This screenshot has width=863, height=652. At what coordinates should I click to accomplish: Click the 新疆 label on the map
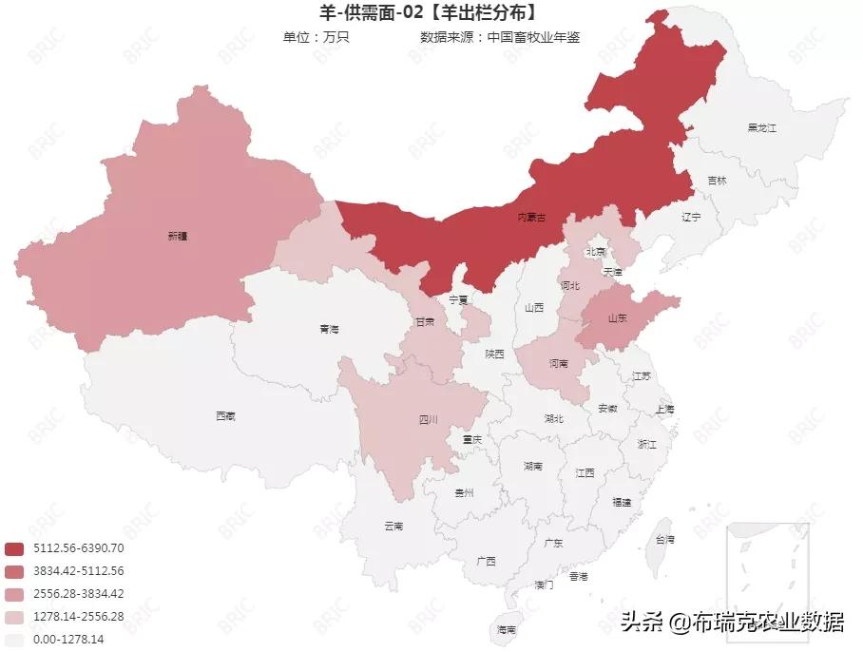pyautogui.click(x=177, y=236)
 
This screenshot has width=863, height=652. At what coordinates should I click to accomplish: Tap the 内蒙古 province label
pyautogui.click(x=530, y=218)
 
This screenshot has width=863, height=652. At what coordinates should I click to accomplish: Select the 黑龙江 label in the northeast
pyautogui.click(x=761, y=127)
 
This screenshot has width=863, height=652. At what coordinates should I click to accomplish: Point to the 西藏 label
pyautogui.click(x=225, y=415)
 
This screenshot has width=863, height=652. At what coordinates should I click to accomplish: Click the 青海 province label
pyautogui.click(x=329, y=330)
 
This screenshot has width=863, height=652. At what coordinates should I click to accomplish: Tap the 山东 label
pyautogui.click(x=616, y=319)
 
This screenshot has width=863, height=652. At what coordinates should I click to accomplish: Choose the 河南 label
pyautogui.click(x=558, y=363)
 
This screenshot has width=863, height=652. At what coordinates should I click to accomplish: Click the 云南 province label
pyautogui.click(x=393, y=525)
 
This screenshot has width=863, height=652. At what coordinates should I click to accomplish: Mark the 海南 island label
pyautogui.click(x=505, y=629)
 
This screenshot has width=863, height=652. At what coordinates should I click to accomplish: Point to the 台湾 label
pyautogui.click(x=665, y=539)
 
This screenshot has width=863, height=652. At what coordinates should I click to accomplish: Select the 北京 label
pyautogui.click(x=596, y=252)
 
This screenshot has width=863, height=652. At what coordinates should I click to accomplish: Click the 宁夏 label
pyautogui.click(x=458, y=300)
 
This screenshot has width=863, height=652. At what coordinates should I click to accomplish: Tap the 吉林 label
pyautogui.click(x=716, y=181)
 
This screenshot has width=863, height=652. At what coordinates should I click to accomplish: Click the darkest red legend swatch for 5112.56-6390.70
pyautogui.click(x=15, y=548)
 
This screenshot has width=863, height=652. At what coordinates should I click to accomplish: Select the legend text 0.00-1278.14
pyautogui.click(x=68, y=640)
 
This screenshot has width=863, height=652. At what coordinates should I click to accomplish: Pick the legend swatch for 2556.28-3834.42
pyautogui.click(x=15, y=594)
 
